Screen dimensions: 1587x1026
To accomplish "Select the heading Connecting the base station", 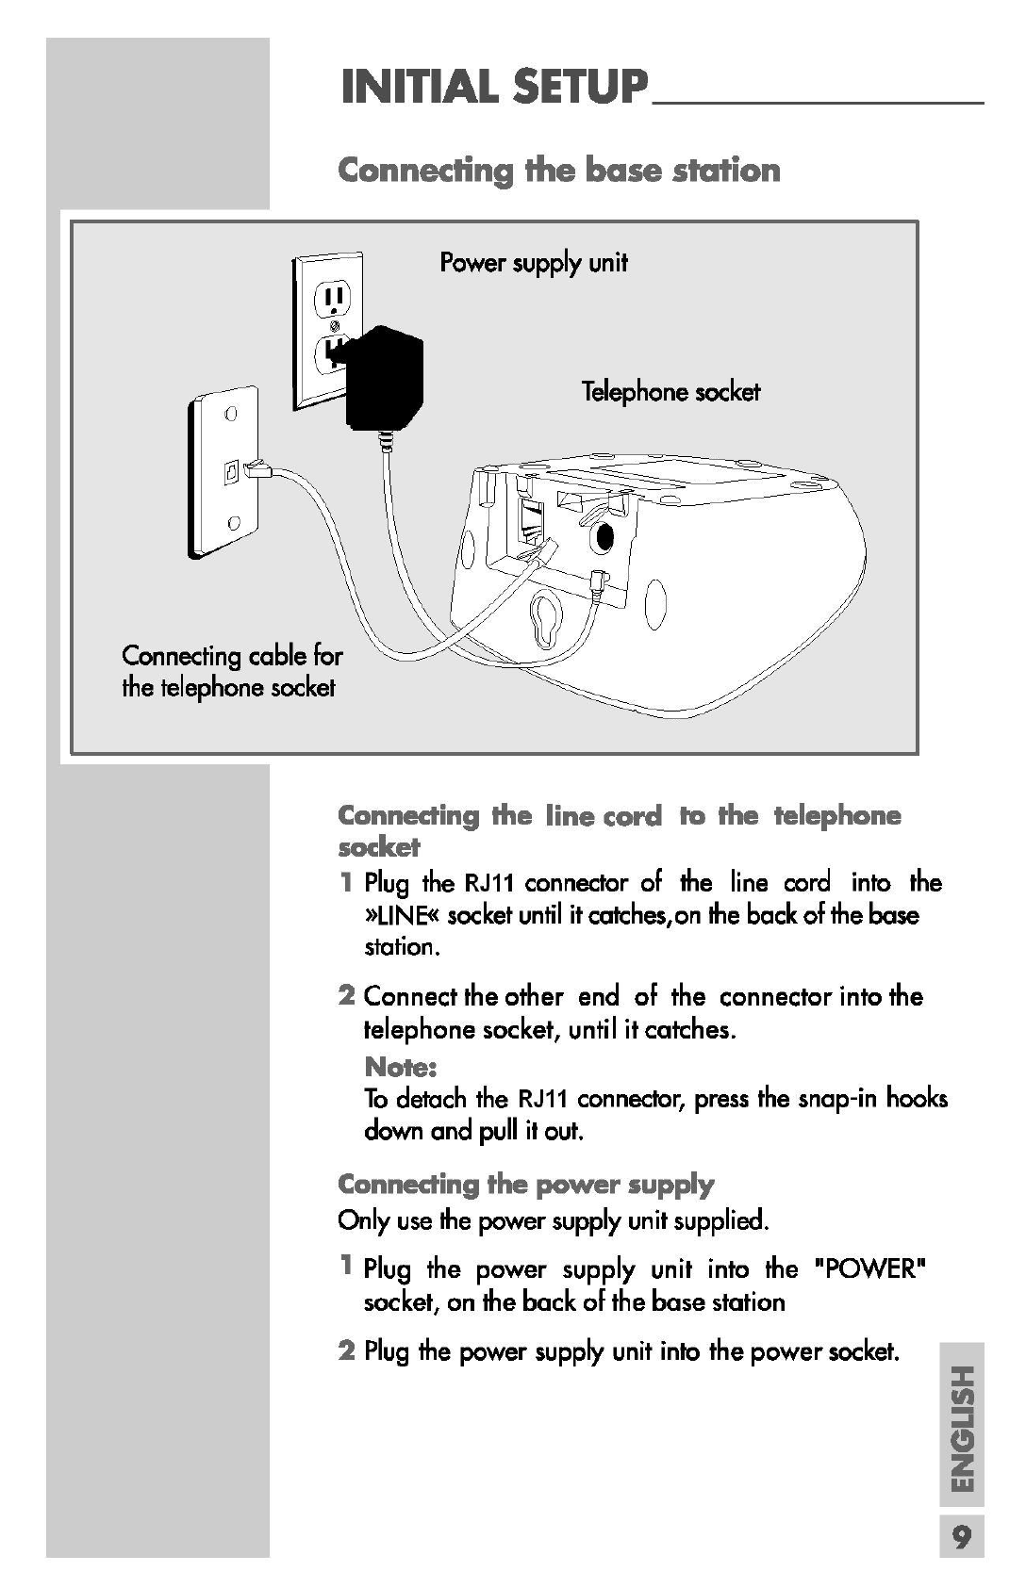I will [559, 171].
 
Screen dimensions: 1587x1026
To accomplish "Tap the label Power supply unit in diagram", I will [534, 262].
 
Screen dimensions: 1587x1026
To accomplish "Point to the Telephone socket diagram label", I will [670, 391].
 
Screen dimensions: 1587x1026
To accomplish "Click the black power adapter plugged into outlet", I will [384, 377].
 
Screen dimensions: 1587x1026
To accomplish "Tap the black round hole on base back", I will [604, 538].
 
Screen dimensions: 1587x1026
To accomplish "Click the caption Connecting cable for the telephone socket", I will [231, 671].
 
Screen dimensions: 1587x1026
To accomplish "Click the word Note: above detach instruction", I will [401, 1067].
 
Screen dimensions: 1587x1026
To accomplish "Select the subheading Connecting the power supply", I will [525, 1184].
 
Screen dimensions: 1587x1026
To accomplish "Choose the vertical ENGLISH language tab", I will [961, 1428].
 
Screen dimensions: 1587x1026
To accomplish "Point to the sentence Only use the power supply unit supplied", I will [554, 1221].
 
